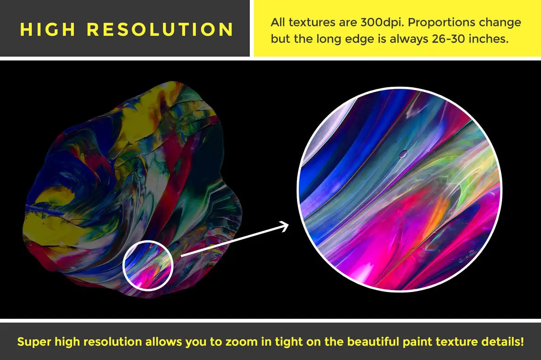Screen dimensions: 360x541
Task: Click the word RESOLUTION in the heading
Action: [x=160, y=29]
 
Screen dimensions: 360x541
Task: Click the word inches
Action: [x=490, y=39]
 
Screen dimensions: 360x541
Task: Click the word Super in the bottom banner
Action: [x=34, y=342]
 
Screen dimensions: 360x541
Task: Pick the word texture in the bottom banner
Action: [x=452, y=342]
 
